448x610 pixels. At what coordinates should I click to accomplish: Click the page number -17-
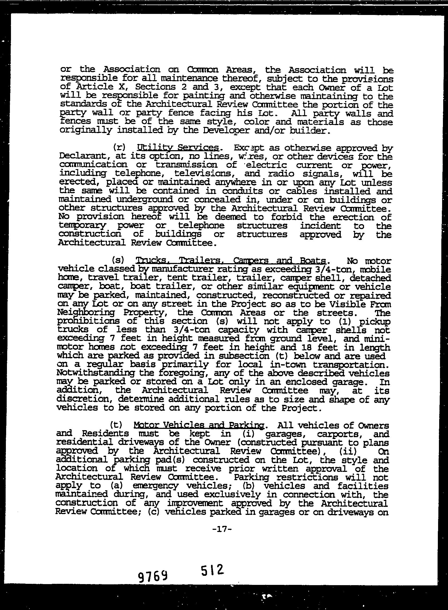click(x=222, y=529)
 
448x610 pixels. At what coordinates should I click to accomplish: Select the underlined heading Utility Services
click(x=178, y=148)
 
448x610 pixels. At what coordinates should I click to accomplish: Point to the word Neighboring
click(x=86, y=313)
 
